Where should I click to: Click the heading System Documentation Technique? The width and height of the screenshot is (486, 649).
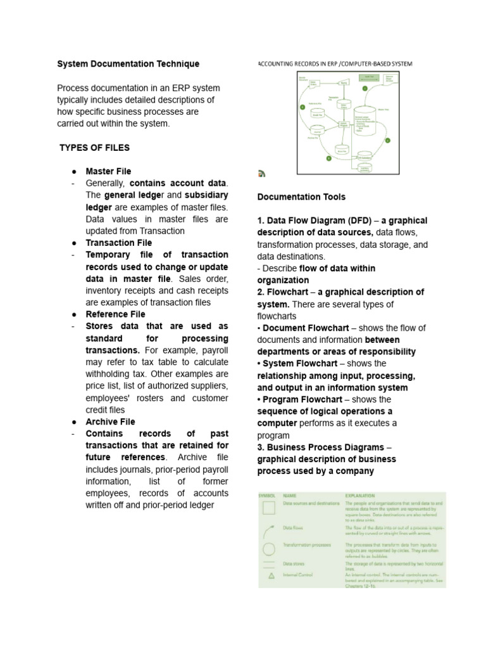tap(128, 64)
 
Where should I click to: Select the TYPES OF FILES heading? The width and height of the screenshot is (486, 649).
tap(94, 148)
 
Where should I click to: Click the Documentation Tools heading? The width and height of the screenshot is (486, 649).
tap(301, 197)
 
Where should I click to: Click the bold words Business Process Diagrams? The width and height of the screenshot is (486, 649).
tap(325, 447)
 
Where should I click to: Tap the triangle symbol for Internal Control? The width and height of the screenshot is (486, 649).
tap(270, 575)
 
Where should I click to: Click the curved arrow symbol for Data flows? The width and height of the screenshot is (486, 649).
tap(270, 529)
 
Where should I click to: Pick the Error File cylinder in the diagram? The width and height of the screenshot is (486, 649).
tap(342, 150)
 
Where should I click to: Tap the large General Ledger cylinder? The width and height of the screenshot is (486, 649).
tap(364, 120)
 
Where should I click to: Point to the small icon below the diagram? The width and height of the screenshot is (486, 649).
tap(262, 173)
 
